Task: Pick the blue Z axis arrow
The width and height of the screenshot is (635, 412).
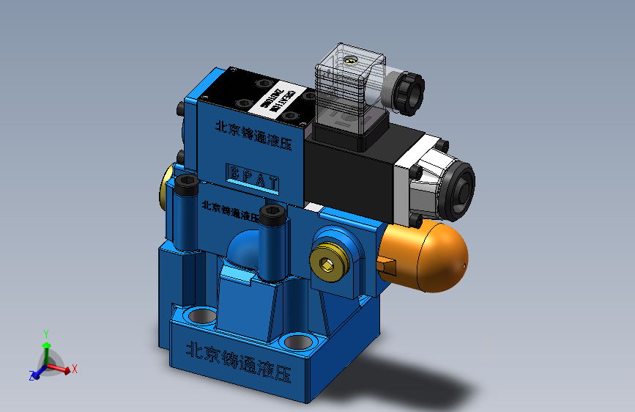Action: pyautogui.click(x=35, y=375)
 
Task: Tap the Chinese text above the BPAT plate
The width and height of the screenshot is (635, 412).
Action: pyautogui.click(x=253, y=136)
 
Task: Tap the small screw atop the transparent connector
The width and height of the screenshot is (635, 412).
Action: pyautogui.click(x=352, y=59)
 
